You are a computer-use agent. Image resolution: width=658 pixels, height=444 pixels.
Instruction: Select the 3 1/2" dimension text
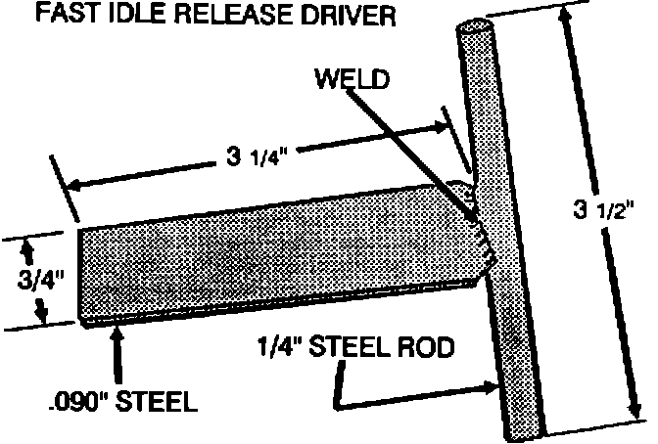pos(600,208)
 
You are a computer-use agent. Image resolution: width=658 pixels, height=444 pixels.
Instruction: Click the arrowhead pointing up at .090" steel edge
pos(118,334)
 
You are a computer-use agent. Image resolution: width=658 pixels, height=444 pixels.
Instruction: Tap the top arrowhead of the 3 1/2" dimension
pos(559,19)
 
